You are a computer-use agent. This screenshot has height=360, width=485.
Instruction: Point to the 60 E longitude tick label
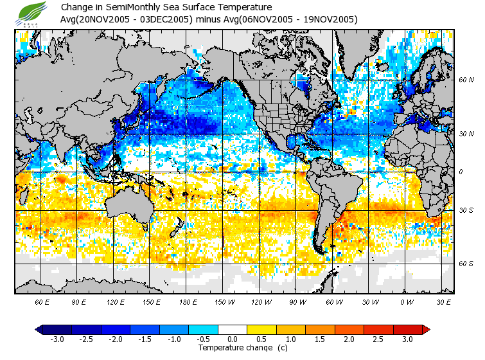[x=42, y=301]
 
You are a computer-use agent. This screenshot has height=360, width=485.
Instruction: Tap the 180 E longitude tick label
[x=188, y=301]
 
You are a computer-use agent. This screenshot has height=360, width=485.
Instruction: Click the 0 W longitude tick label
[x=406, y=301]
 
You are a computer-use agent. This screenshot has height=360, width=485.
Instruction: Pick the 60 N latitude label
[x=466, y=80]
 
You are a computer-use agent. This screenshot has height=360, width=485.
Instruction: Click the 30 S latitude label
[x=466, y=211]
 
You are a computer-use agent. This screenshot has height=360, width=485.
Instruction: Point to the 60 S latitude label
[x=466, y=264]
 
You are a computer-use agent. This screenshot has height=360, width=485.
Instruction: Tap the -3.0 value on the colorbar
[x=57, y=339]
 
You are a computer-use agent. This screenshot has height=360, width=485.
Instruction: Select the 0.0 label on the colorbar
[x=233, y=339]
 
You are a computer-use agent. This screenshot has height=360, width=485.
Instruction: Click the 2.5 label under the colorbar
[x=379, y=339]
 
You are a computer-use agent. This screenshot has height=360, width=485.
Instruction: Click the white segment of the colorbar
[x=233, y=329]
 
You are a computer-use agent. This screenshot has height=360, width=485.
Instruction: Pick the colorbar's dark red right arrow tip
[x=425, y=329]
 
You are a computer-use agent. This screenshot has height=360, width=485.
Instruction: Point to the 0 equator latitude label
[x=461, y=172]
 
